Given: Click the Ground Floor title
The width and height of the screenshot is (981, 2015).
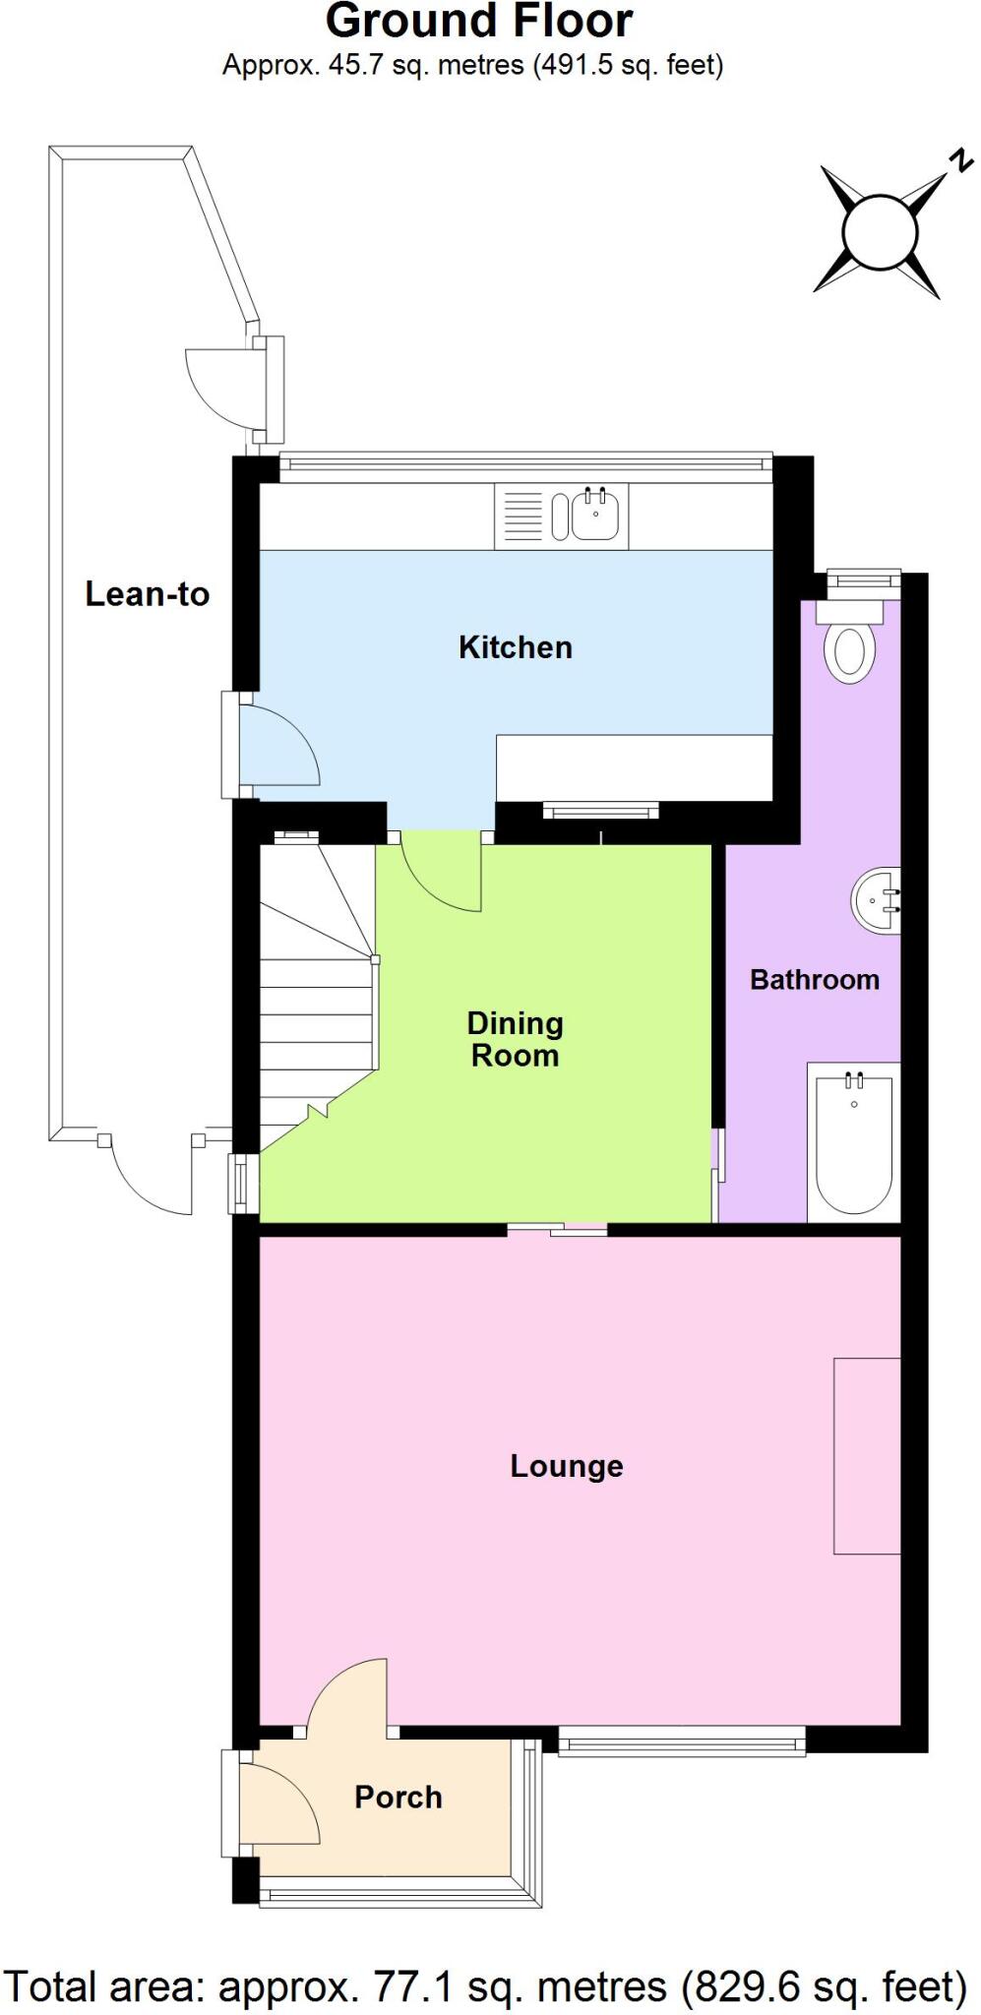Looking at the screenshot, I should pos(479,22).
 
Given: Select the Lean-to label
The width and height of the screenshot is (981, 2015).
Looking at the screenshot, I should pos(147,594).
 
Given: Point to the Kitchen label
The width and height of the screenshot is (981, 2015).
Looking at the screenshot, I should pos(515,647).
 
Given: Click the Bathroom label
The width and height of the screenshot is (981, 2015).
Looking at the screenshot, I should pos(814,980).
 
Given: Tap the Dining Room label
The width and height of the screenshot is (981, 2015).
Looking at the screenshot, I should pos(515,1039).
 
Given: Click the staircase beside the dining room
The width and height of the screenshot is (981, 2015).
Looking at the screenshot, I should pos(317,1013).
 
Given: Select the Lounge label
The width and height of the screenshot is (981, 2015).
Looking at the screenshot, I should pos(566,1466).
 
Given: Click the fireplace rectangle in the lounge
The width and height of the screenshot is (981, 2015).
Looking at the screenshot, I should pos(867,1456).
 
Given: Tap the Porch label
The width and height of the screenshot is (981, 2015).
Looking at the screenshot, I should pos(398,1798).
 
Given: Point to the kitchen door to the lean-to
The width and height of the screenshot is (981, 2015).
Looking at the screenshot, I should pos(276,748).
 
